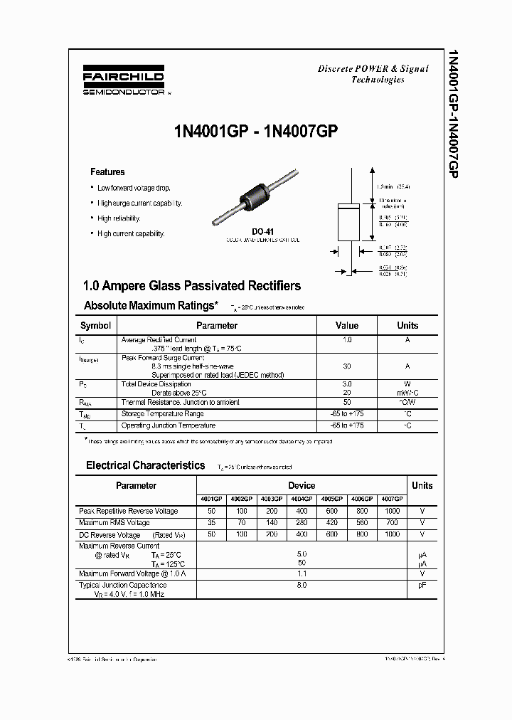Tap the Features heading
point(107,172)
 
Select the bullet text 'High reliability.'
point(119,218)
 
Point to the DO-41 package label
point(262,232)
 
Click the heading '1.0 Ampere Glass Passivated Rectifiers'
point(192,286)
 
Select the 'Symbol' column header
point(95,325)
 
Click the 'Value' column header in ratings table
point(347,325)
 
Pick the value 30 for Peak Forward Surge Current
point(347,366)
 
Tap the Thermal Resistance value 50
point(347,402)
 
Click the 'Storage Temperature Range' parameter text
point(163,413)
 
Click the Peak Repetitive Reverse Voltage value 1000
point(392,511)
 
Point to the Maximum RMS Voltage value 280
point(302,522)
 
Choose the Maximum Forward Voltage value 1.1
point(302,573)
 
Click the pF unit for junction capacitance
point(422,585)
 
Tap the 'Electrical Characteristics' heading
point(145,465)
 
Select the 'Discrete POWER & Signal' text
point(373,69)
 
